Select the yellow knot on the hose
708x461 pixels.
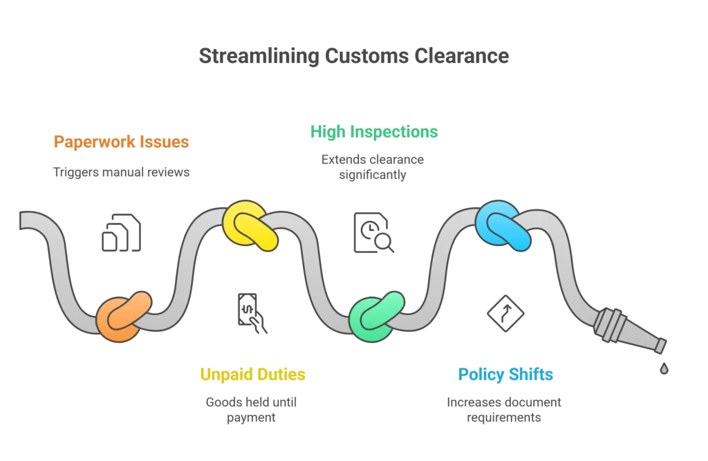pos(250,225)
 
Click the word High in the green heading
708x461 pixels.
pos(329,131)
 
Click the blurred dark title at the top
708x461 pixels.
pos(353,57)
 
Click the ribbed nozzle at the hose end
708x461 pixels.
pos(625,330)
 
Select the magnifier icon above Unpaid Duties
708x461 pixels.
pos(249,313)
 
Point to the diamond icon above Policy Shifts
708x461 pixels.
pos(503,313)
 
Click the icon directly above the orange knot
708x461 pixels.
pos(122,232)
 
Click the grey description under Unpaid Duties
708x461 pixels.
pos(252,408)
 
